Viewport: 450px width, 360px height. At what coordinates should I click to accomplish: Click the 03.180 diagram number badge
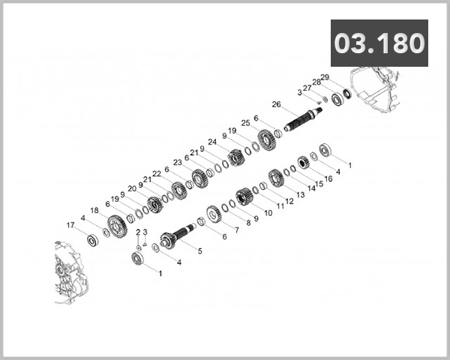(x=379, y=43)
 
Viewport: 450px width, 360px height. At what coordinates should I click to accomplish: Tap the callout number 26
(x=276, y=104)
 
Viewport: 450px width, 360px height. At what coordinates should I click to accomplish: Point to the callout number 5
(x=199, y=250)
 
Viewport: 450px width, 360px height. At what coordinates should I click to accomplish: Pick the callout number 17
(x=70, y=225)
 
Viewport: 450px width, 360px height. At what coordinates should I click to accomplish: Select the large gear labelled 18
(x=116, y=224)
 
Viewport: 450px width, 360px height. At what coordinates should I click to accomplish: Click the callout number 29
(x=325, y=77)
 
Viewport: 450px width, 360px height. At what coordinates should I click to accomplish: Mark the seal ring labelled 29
(x=347, y=94)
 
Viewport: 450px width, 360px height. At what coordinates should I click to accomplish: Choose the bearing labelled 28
(x=337, y=99)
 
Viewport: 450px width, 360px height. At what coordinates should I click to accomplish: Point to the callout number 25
(x=245, y=122)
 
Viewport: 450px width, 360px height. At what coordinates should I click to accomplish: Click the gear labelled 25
(x=265, y=139)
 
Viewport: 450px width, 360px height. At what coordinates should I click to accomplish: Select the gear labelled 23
(x=199, y=178)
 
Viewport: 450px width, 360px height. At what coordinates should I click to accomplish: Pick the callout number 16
(x=328, y=179)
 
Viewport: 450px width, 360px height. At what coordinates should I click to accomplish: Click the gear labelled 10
(x=243, y=196)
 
